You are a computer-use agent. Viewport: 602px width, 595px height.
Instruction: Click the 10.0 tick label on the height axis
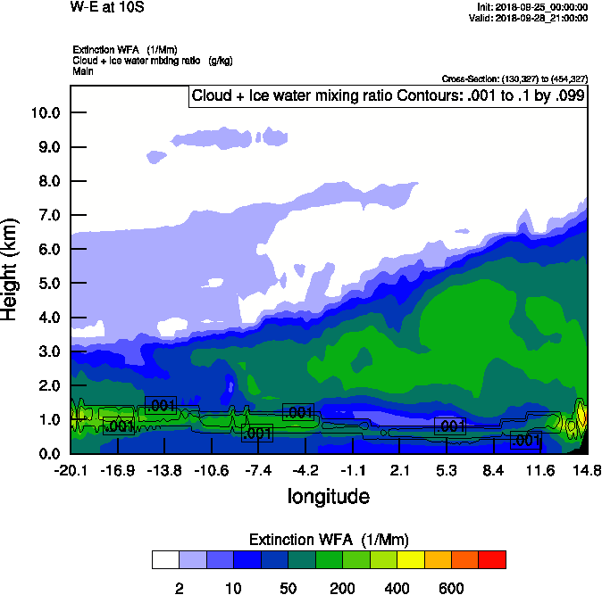pos(45,112)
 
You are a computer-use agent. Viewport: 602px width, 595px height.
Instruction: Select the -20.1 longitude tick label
pos(70,470)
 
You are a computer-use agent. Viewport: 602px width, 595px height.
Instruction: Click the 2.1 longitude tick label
pos(399,470)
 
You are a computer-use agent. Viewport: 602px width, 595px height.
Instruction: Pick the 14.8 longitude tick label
pos(587,470)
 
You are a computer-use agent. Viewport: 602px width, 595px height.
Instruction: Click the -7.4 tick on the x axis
pos(258,470)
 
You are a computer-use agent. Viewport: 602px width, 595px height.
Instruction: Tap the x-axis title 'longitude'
pos(328,495)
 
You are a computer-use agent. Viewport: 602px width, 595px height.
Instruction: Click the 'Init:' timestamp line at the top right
pos(533,7)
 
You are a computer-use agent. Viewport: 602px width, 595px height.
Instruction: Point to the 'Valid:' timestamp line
pos(532,18)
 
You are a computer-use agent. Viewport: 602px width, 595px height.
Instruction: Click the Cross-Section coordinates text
pos(514,79)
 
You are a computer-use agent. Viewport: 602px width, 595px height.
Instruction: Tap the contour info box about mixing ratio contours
pos(388,95)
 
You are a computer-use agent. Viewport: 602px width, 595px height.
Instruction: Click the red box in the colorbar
pos(492,559)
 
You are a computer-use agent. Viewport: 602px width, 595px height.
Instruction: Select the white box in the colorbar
pos(165,559)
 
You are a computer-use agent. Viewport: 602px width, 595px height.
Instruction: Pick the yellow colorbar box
pos(410,559)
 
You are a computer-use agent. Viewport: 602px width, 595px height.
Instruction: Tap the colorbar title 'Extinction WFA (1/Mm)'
pos(328,539)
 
